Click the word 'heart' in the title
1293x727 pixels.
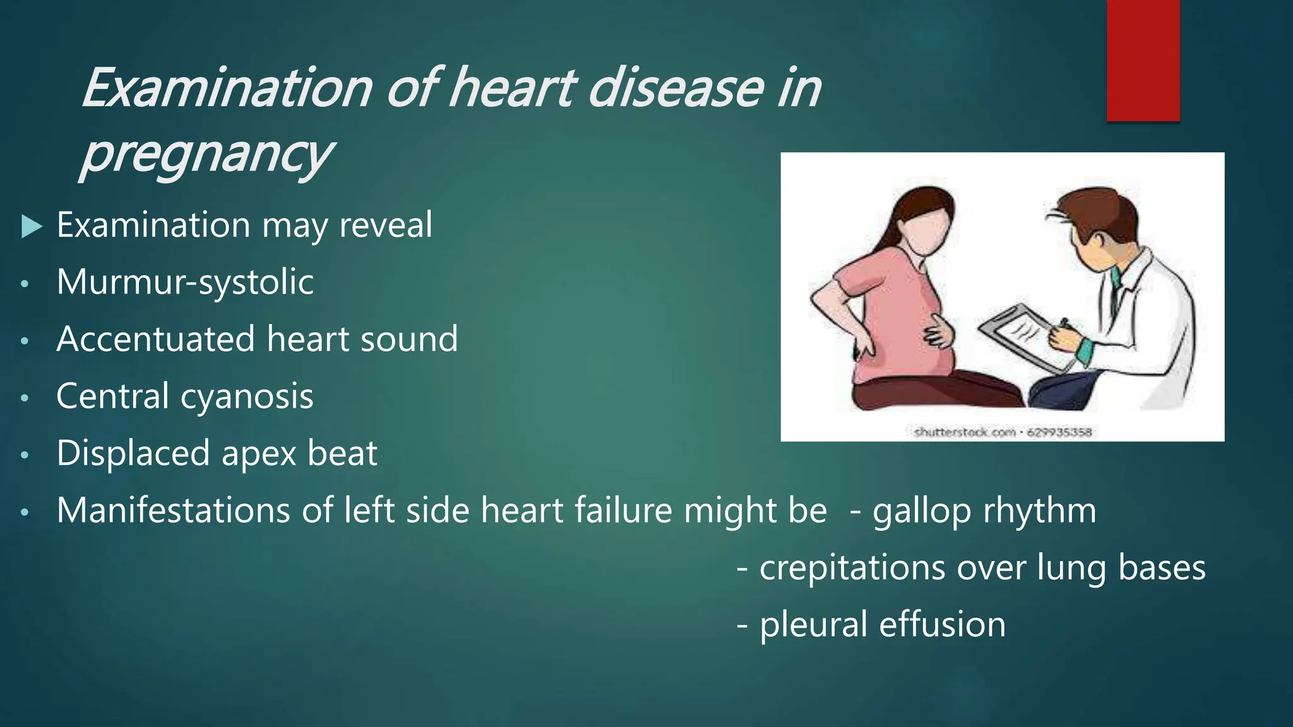pyautogui.click(x=512, y=88)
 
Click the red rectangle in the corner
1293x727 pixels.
pyautogui.click(x=1143, y=60)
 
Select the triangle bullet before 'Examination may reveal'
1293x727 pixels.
pyautogui.click(x=31, y=226)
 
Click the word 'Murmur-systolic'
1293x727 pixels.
pyautogui.click(x=185, y=281)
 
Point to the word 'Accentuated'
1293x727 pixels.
pyautogui.click(x=156, y=339)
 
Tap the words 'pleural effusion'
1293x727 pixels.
pyautogui.click(x=882, y=624)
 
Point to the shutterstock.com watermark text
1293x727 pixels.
pyautogui.click(x=1003, y=432)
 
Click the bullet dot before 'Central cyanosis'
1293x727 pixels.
pyautogui.click(x=25, y=398)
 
